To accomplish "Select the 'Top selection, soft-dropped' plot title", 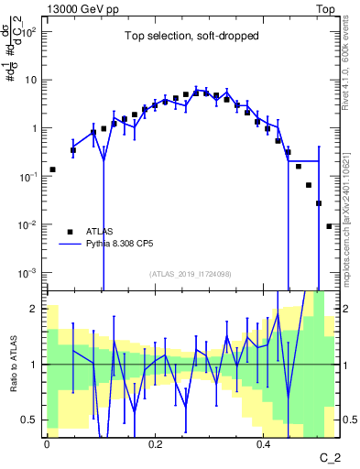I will coord(191,37).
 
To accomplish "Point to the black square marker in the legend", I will coord(70,232).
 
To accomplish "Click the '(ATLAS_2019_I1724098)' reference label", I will coord(191,274).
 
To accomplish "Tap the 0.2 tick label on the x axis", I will coord(155,442).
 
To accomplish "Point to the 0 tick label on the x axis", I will coord(47,442).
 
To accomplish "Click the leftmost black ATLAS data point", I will coord(52,169).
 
